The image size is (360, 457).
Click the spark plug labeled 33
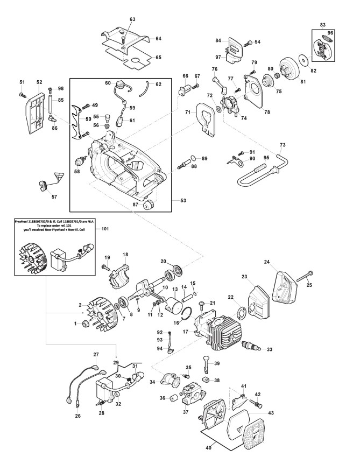[250, 346]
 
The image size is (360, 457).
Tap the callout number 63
[132, 19]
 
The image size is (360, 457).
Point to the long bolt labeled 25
[305, 276]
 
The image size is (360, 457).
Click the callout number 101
[105, 229]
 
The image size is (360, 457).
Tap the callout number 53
[183, 201]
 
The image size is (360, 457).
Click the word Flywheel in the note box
[23, 222]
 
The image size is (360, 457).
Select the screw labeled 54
[249, 43]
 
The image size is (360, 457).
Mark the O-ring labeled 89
[194, 159]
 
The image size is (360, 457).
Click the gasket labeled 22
[242, 311]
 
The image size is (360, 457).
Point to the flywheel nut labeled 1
[87, 323]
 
